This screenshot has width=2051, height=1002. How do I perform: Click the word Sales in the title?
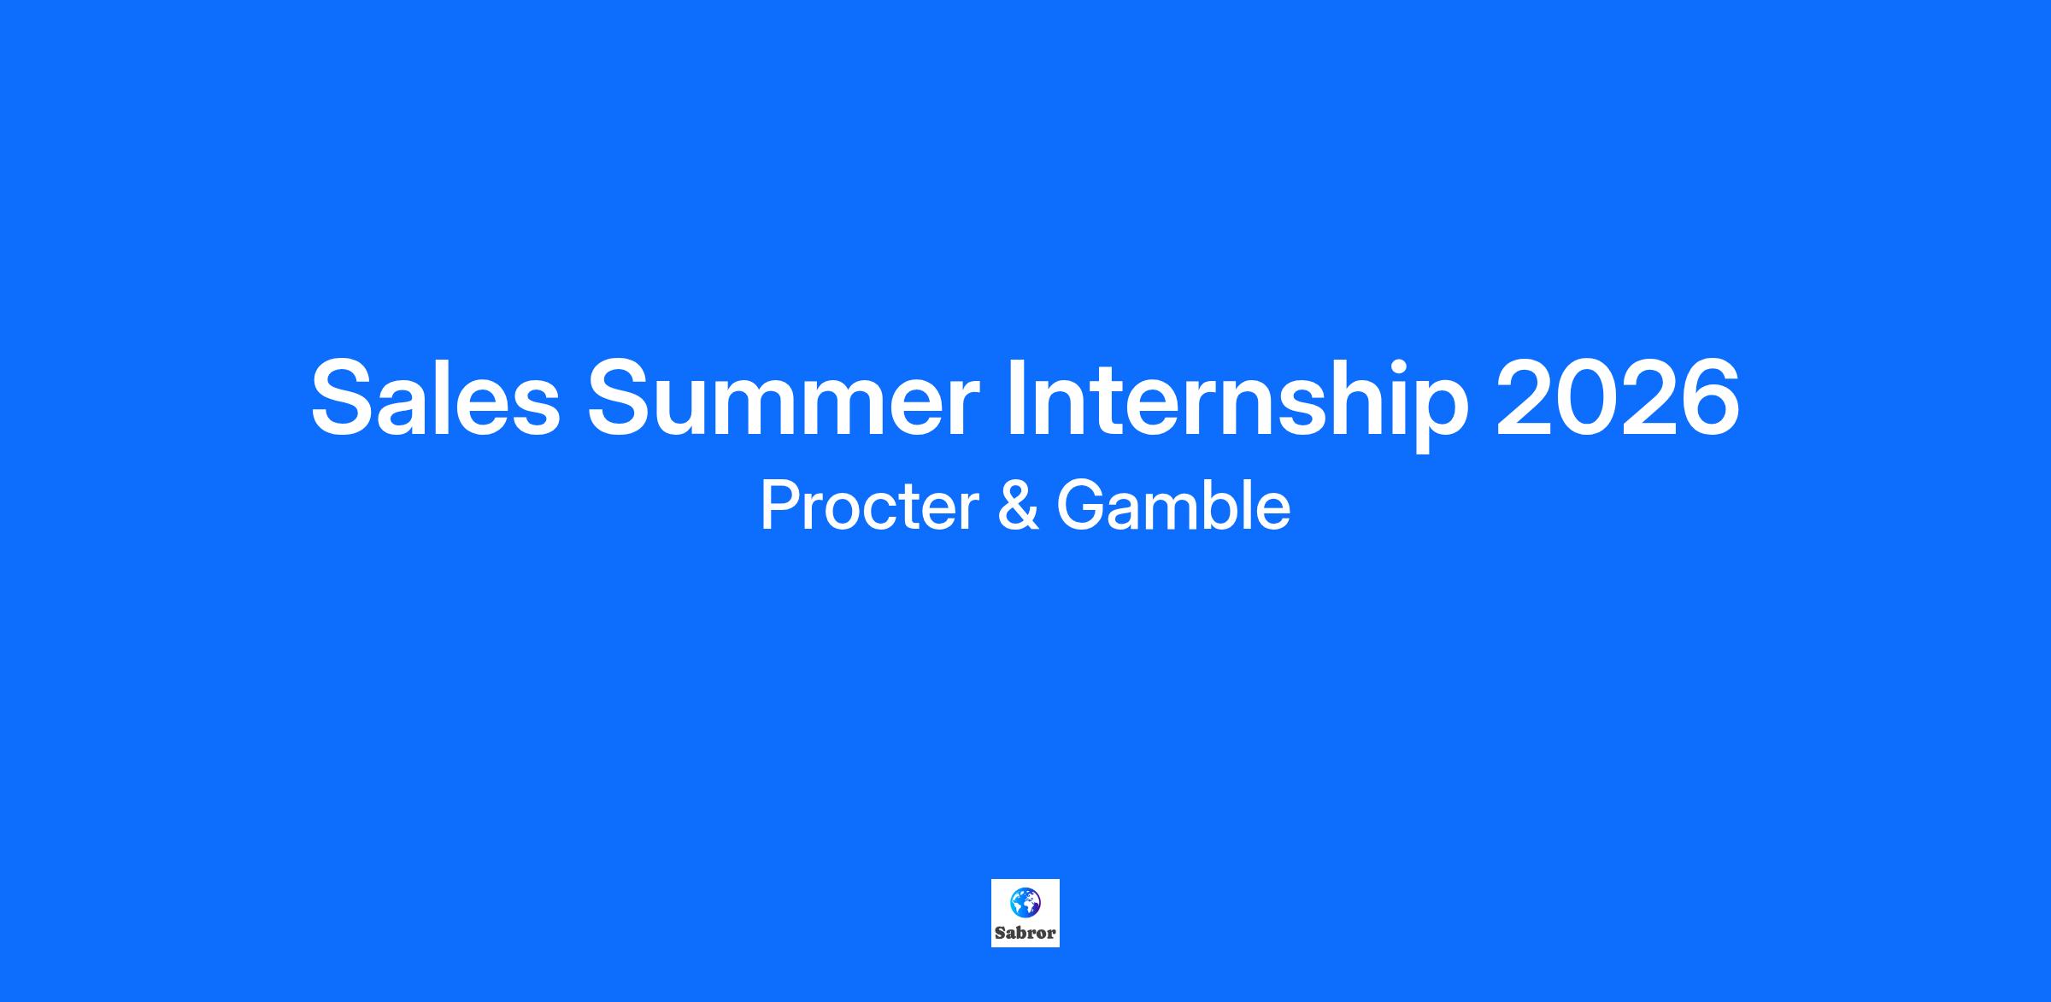coord(435,398)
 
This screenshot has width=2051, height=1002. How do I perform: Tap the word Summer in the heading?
coord(783,398)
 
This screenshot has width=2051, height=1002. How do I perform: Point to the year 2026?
coord(1618,398)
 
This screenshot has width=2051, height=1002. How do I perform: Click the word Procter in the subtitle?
coord(870,506)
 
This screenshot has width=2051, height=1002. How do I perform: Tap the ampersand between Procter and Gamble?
coord(1019,506)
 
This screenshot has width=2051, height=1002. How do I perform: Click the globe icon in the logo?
coord(1025,902)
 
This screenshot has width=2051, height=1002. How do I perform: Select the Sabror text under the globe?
coord(1025,933)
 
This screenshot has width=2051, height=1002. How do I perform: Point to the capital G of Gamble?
coord(1082,506)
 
